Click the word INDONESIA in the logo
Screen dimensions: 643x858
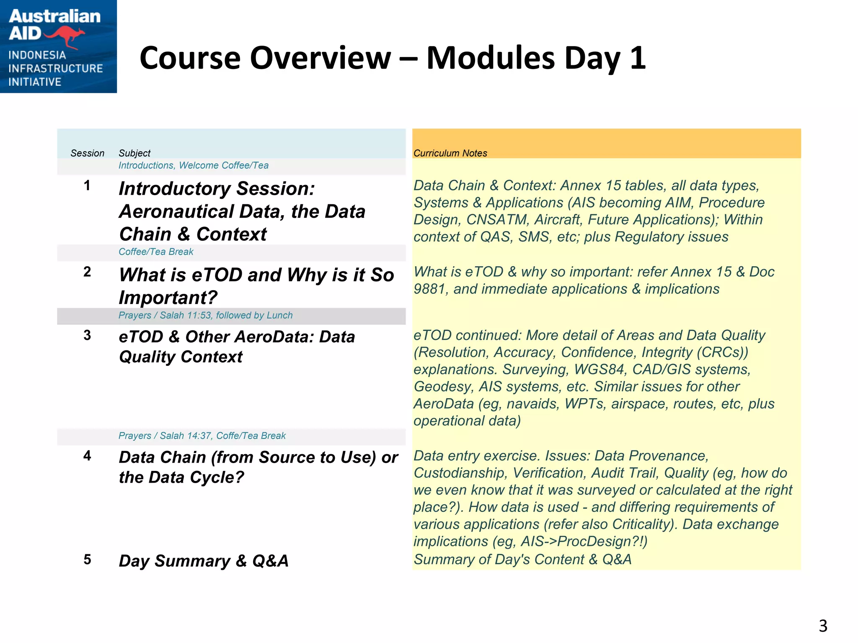point(37,55)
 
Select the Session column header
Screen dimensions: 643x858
point(87,153)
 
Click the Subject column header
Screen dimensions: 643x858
point(134,153)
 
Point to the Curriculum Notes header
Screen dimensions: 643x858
point(450,153)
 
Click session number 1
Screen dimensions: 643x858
point(87,185)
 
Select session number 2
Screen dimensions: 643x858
point(87,272)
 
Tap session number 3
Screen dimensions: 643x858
point(87,335)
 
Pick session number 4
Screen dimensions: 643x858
point(87,455)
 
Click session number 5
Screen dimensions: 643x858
point(87,559)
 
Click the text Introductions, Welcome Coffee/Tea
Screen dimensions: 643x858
point(193,165)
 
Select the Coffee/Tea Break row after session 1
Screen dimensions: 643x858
point(156,252)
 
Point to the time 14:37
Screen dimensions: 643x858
point(199,436)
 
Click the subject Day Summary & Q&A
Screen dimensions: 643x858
point(204,561)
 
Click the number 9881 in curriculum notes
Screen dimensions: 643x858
point(429,289)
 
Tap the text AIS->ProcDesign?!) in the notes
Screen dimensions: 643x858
point(584,542)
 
